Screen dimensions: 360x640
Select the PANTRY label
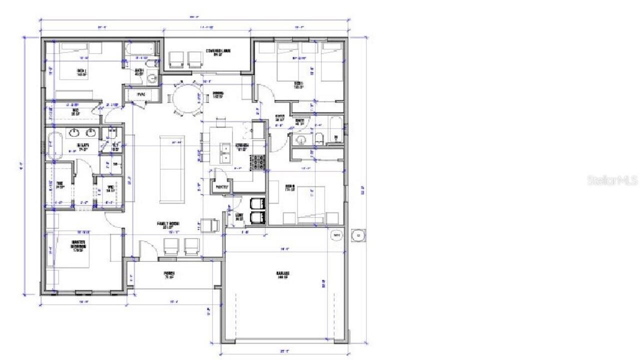tap(221, 187)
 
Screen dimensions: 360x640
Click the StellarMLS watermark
tap(612, 180)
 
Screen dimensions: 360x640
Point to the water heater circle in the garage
tap(337, 235)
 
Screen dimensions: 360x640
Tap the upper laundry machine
tap(256, 203)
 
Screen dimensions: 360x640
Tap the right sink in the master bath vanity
tap(91, 132)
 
